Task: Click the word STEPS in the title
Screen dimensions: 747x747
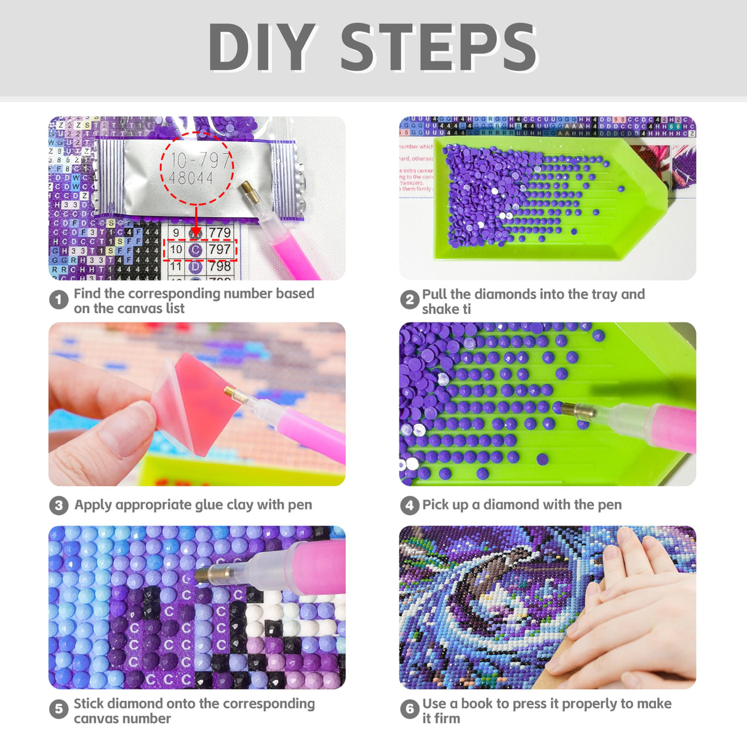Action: click(439, 48)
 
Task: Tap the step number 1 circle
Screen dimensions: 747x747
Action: click(58, 300)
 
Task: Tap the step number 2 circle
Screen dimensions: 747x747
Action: click(409, 300)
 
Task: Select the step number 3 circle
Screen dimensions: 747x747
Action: click(58, 505)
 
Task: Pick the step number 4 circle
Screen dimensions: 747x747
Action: click(409, 505)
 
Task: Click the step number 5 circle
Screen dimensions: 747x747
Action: click(58, 709)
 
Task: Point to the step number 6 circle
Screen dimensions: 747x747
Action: click(409, 709)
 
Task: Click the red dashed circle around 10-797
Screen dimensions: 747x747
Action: click(196, 168)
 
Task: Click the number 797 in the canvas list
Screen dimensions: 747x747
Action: click(219, 249)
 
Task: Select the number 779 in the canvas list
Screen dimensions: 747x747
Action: click(219, 233)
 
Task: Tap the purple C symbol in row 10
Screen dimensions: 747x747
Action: click(195, 250)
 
